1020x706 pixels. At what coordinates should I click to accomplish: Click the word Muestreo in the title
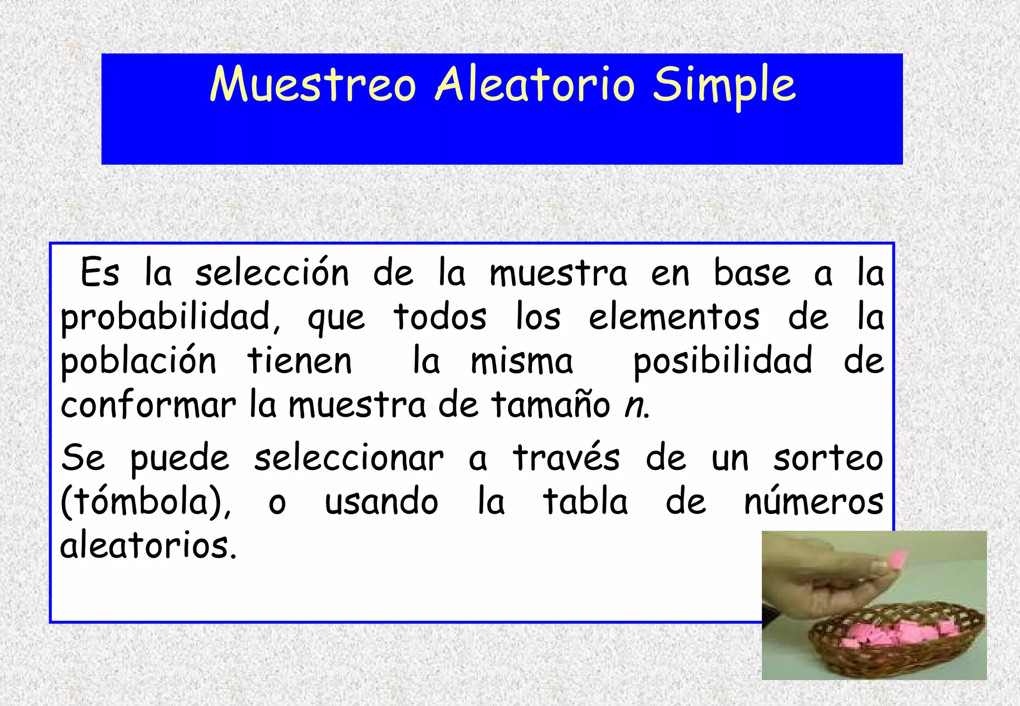click(313, 85)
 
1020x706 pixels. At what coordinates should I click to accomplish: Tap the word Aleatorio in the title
click(535, 85)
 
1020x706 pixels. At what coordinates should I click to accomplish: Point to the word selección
click(272, 273)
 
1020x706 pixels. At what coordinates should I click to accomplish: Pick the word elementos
click(674, 317)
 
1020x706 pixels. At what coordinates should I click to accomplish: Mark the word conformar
click(148, 405)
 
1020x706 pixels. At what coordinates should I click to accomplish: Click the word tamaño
click(550, 405)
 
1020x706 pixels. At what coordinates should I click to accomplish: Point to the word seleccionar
click(349, 458)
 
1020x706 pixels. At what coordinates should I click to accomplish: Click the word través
click(566, 458)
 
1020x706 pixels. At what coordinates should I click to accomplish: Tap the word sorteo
click(828, 458)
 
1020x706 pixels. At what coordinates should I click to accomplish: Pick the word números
click(813, 502)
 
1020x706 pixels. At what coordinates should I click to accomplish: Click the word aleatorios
click(148, 546)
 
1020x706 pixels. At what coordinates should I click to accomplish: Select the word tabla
click(585, 502)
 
